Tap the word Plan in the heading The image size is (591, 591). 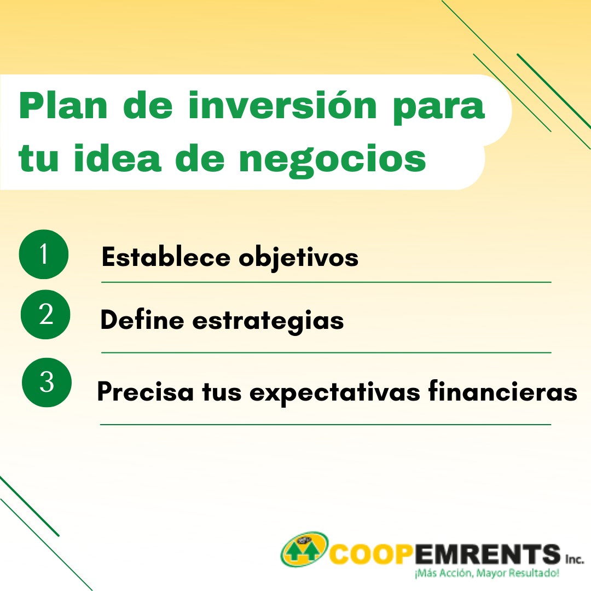coord(63,106)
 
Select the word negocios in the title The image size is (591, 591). coord(333,160)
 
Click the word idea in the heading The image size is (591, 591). coord(118,158)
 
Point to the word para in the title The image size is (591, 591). coord(439,109)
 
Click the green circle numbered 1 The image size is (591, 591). coord(44,254)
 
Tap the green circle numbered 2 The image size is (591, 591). coord(45,314)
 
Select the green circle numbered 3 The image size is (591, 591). coord(47,382)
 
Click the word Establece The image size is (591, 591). coord(166,257)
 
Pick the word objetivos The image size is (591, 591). coord(299,258)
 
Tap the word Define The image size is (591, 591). coord(142,320)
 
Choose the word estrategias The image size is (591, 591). coord(268,322)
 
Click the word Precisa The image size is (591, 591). coord(146,391)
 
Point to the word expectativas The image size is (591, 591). coord(335,393)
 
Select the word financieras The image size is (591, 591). coord(503,391)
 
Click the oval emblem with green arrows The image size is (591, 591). coord(304,549)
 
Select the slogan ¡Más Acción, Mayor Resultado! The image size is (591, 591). coord(486,573)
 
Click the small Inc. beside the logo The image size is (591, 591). coord(575,559)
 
